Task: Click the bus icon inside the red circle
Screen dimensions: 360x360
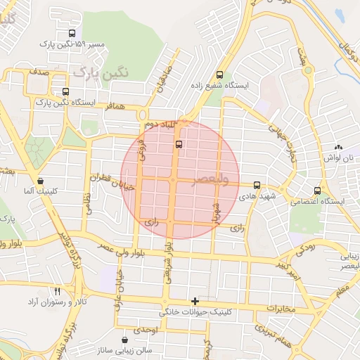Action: point(179,144)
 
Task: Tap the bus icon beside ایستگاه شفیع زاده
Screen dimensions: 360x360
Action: point(220,75)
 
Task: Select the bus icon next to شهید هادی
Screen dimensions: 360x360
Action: point(257,186)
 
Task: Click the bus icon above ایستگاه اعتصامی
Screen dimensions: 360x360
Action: point(318,191)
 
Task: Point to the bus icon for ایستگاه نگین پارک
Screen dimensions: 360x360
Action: point(66,91)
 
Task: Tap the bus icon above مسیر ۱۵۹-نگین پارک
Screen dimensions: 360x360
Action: point(72,33)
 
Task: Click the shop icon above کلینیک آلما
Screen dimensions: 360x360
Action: point(40,181)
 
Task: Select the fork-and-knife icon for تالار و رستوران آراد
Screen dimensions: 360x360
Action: point(58,290)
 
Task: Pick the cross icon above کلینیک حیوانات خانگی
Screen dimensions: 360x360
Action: point(195,300)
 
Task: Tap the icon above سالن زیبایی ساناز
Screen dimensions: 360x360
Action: point(125,340)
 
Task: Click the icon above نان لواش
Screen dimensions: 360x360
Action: point(339,148)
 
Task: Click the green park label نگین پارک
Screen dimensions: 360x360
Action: point(96,72)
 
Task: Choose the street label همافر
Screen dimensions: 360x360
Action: point(115,104)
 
